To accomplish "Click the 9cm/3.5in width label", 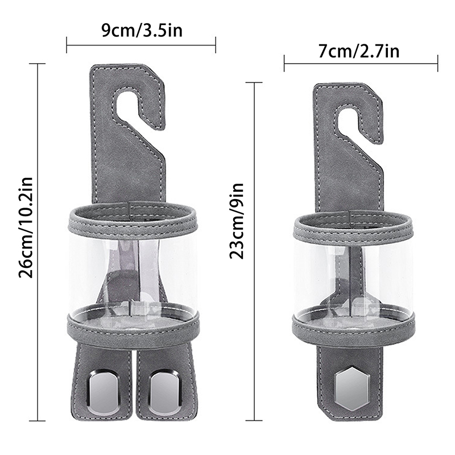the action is point(142,30).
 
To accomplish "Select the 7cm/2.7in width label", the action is point(359,51).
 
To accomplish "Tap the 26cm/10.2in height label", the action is point(26,227).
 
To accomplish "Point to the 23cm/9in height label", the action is point(237,221).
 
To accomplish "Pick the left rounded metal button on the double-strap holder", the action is point(104,391).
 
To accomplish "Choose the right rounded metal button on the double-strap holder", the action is point(164,391).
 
